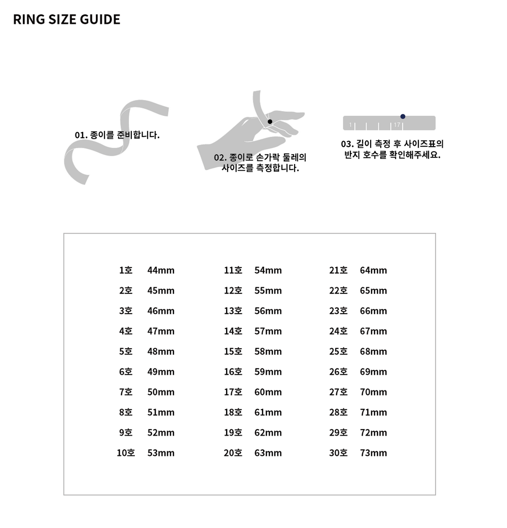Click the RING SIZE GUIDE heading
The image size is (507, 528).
click(x=66, y=20)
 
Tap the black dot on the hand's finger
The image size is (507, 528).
click(x=270, y=121)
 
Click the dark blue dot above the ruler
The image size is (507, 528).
click(x=403, y=116)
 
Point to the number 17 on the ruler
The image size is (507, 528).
click(x=397, y=125)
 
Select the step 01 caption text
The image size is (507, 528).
click(x=117, y=135)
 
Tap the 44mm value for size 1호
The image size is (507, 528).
click(x=161, y=270)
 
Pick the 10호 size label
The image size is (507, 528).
click(x=126, y=453)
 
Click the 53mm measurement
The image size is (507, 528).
click(x=161, y=453)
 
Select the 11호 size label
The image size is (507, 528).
click(x=233, y=270)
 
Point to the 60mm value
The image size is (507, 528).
click(x=268, y=392)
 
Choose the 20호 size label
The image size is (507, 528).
click(x=233, y=453)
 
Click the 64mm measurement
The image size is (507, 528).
click(x=373, y=270)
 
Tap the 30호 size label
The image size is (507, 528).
click(x=338, y=453)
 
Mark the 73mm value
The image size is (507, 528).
click(x=373, y=453)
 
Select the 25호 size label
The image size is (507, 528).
click(x=338, y=351)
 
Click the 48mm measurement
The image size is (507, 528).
click(x=161, y=351)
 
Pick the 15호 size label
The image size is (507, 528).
click(x=233, y=351)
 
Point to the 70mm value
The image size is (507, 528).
click(x=373, y=392)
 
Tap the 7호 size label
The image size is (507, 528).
click(x=126, y=392)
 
